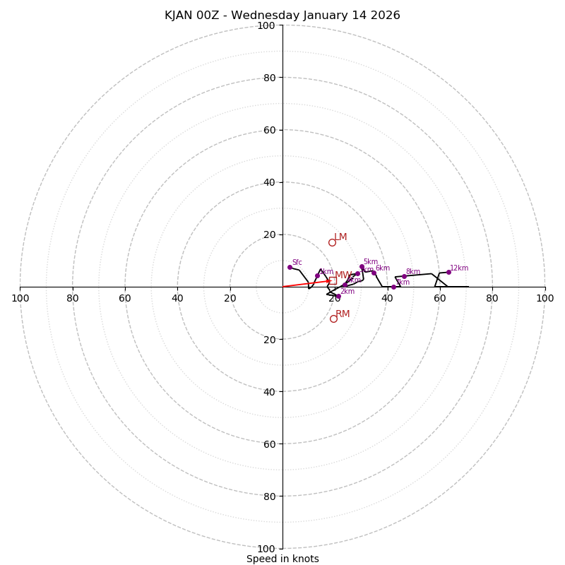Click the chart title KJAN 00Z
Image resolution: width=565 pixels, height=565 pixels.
[282, 16]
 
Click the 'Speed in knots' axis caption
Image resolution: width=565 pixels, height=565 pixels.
[282, 559]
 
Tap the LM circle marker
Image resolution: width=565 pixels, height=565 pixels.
[332, 242]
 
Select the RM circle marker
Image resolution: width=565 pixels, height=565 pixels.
[333, 319]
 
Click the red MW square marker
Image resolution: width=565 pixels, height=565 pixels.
[333, 280]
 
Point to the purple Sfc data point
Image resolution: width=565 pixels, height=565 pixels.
[290, 267]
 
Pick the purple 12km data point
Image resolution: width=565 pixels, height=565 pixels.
[448, 272]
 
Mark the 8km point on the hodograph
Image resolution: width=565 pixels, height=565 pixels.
[404, 276]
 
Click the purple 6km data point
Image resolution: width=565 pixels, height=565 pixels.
[374, 273]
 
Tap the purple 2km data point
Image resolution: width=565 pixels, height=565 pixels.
[338, 296]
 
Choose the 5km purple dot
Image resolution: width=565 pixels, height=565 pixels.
[362, 267]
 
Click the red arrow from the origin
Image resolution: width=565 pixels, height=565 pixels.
[307, 283]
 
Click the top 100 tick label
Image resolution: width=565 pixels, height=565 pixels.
[266, 25]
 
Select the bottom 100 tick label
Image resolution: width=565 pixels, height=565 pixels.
[266, 549]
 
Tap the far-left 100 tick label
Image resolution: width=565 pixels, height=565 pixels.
[20, 298]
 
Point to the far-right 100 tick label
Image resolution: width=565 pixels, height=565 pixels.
[545, 298]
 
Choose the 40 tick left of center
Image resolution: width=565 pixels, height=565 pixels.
[177, 298]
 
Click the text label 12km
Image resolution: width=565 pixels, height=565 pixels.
[459, 268]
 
